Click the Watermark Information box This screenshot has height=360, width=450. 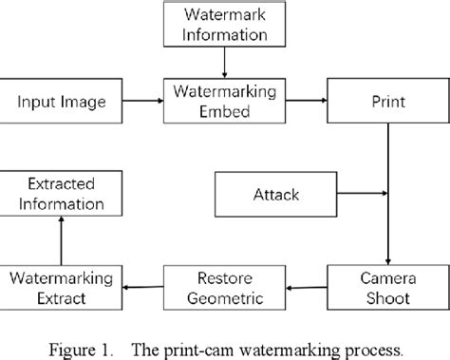222,27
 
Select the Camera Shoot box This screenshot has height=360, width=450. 386,289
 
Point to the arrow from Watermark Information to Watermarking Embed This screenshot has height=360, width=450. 222,64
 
